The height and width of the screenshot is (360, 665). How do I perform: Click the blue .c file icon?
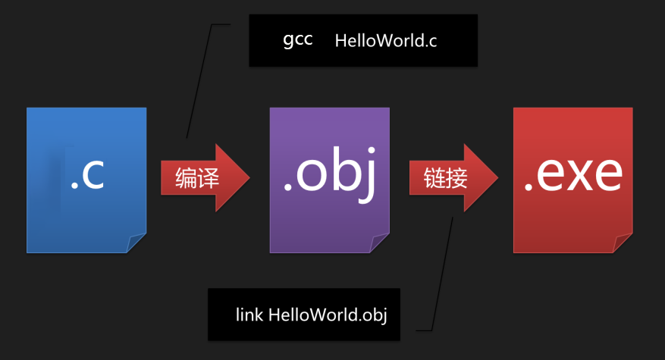click(86, 180)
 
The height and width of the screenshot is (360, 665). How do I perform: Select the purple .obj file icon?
click(330, 180)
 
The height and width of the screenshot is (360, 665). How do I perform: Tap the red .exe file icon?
click(573, 180)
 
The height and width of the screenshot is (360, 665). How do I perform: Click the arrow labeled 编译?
click(205, 177)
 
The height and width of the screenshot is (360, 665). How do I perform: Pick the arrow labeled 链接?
click(453, 177)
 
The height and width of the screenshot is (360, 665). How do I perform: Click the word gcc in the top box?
click(298, 41)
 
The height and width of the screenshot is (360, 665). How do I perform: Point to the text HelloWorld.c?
click(386, 41)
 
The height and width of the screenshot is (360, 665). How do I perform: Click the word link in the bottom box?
click(249, 315)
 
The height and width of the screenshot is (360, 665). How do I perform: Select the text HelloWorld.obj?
click(328, 315)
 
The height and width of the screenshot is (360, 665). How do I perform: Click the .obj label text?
click(330, 175)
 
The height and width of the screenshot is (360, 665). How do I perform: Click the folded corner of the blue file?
click(135, 243)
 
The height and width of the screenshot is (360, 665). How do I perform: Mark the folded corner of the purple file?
click(378, 243)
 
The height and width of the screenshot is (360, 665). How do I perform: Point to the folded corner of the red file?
click(622, 243)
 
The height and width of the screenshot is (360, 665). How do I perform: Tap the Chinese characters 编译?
click(197, 178)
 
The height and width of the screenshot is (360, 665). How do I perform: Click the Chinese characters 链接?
click(445, 178)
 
